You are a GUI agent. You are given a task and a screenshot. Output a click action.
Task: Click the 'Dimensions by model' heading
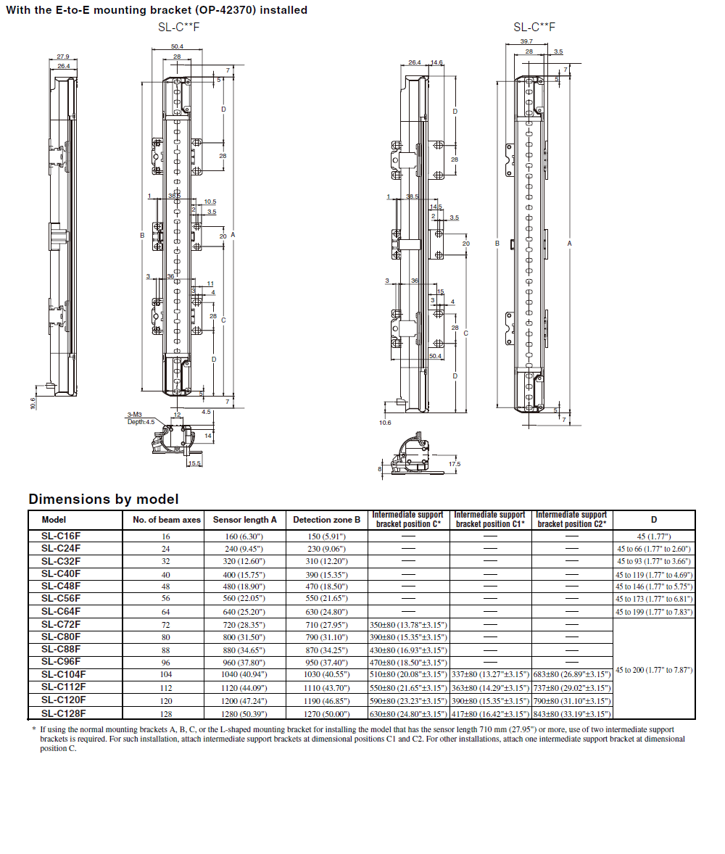[103, 499]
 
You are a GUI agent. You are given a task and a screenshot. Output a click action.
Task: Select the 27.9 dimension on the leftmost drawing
[63, 57]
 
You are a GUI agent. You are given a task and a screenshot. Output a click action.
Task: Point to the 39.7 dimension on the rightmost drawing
[526, 42]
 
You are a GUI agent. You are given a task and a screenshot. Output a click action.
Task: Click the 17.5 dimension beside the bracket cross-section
[455, 464]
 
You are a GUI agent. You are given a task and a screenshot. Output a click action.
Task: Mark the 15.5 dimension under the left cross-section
[194, 463]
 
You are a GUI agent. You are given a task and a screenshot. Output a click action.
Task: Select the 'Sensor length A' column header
[244, 520]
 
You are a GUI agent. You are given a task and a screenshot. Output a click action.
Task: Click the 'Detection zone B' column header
[326, 520]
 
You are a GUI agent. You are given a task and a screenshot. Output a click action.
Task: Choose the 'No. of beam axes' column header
[167, 520]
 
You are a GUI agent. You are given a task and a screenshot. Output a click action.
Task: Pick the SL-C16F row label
[61, 536]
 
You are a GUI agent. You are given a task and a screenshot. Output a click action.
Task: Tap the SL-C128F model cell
[63, 713]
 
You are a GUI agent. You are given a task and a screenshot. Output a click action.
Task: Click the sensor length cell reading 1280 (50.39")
[244, 713]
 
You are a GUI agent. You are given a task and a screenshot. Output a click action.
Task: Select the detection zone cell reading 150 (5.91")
[326, 536]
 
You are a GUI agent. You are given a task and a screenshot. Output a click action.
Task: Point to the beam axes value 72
[166, 625]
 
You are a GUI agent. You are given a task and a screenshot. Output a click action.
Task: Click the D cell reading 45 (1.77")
[654, 536]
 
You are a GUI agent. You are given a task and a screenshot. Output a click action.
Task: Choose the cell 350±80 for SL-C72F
[408, 625]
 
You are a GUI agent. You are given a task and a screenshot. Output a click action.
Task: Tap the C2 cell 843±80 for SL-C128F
[573, 713]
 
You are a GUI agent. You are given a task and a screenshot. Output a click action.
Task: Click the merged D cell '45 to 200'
[654, 670]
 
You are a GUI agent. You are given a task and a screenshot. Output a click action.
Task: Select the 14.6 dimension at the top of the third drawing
[436, 63]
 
